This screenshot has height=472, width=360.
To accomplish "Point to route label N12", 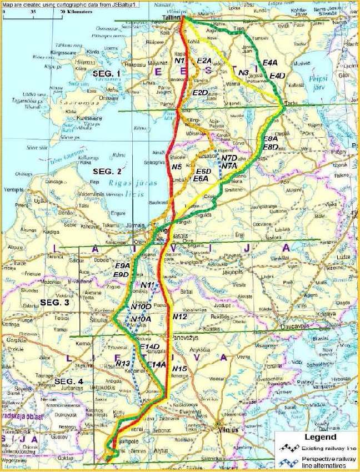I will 179,316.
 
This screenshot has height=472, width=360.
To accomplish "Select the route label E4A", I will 271,63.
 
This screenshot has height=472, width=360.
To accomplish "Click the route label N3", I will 242,72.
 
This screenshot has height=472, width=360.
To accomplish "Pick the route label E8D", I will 271,147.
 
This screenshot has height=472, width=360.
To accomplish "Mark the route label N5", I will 177,166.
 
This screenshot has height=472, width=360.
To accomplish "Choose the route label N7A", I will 229,165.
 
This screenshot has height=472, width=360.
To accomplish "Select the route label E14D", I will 150,347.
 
